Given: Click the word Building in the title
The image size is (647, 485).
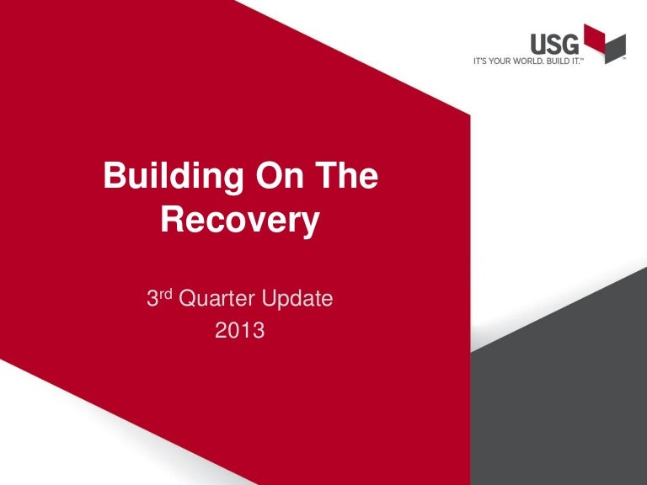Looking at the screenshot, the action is point(174,178).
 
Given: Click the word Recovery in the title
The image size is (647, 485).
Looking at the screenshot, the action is point(240,221).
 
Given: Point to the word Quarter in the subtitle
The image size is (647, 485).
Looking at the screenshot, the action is point(217,299).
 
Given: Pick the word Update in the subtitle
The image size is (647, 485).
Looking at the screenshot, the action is point(297,299).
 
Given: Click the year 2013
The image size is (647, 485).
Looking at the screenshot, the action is point(240,330).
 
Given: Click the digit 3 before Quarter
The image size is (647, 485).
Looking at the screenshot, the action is point(152,299).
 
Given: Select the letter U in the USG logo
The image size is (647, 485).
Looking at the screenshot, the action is point(538,44).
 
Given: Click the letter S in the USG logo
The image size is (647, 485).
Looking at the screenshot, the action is point(553,44).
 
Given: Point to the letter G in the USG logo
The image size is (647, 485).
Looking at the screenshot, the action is point(570,44).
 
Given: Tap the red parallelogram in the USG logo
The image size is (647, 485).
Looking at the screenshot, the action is point(595,38).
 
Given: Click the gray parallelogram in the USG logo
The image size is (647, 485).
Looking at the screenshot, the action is point(615,49).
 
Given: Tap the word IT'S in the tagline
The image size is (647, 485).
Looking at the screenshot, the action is point(480,61).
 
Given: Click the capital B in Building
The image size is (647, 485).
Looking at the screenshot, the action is point(114,175).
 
